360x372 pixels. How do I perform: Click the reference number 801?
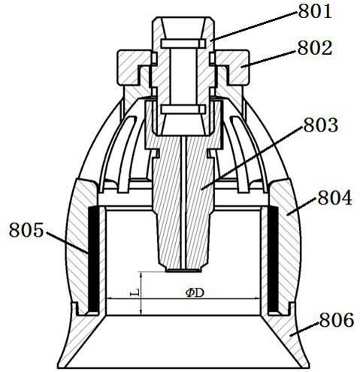[x=315, y=11]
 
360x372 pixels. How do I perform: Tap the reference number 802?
[x=315, y=48]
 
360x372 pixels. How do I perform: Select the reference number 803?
[x=321, y=125]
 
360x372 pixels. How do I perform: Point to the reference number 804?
[x=334, y=198]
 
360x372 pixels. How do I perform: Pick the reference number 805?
[x=26, y=230]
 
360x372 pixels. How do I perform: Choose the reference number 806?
[x=337, y=320]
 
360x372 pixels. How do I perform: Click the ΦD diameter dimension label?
[x=195, y=292]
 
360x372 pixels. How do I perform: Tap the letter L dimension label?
[x=135, y=292]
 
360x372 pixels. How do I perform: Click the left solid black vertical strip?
[x=94, y=259]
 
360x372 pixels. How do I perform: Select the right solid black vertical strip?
[x=273, y=259]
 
